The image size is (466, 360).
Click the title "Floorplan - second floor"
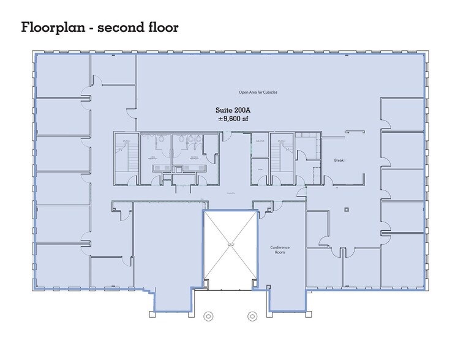click(99, 28)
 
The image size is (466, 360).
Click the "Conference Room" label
click(280, 250)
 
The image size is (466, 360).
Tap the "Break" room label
click(340, 160)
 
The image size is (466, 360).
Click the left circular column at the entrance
click(208, 317)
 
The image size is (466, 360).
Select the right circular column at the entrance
click(252, 317)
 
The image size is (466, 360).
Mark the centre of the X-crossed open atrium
click(230, 245)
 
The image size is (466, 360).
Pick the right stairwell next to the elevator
click(283, 158)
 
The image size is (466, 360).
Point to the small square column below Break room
click(347, 209)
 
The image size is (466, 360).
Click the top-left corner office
click(62, 75)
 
